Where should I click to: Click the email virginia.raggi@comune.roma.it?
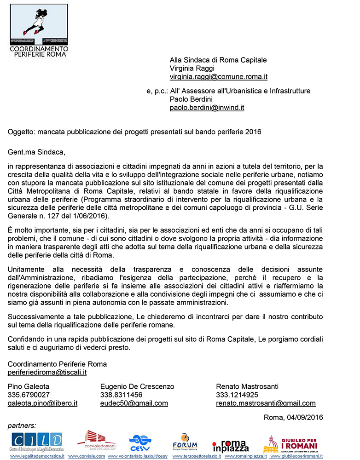[218, 77]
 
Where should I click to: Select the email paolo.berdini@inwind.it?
[207, 108]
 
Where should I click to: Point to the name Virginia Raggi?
[189, 69]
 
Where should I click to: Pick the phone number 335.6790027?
[29, 395]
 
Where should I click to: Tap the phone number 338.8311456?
[121, 395]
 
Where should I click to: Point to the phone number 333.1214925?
[237, 395]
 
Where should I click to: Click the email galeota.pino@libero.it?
[42, 403]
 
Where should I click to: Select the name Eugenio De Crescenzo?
[137, 386]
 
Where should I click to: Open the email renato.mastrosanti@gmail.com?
[266, 403]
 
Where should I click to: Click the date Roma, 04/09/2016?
[293, 418]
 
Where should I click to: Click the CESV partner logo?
[140, 443]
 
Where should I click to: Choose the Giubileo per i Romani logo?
[290, 443]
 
